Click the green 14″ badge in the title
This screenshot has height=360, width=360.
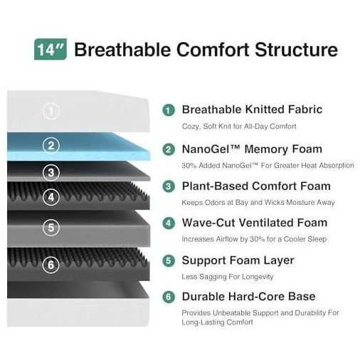tap(51, 49)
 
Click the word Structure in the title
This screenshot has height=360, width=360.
tap(296, 50)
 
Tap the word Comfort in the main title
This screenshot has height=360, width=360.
tap(213, 50)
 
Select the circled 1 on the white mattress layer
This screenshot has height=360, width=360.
tap(51, 111)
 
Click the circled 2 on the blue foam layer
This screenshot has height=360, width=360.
tap(51, 145)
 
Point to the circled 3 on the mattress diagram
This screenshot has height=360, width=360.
tap(51, 172)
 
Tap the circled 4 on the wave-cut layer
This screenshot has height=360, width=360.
tap(51, 197)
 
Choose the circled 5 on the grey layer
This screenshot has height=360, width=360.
tap(51, 228)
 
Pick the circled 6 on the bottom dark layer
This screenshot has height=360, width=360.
tap(51, 265)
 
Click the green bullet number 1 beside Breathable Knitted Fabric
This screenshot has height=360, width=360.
tap(169, 110)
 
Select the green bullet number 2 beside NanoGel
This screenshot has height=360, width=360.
tap(169, 149)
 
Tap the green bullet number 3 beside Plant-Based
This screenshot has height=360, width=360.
tap(169, 186)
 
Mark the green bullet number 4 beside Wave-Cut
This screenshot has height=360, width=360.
tap(169, 223)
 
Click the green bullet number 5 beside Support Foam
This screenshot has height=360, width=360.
tap(169, 260)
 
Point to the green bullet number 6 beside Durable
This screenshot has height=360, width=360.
tap(169, 297)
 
